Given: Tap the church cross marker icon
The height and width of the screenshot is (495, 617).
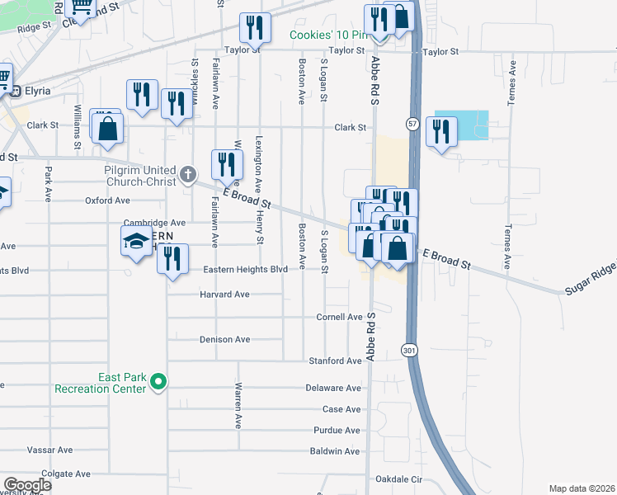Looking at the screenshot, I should (x=189, y=174).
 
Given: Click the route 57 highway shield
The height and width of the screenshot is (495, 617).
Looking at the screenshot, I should (x=412, y=124).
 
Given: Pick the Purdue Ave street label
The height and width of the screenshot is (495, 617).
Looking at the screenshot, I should (x=337, y=430).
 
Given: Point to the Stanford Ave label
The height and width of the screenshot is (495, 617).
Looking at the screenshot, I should (x=335, y=361).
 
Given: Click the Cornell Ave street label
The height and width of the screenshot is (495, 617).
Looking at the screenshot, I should (x=340, y=317).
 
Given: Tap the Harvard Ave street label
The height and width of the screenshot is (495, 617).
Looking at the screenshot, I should (x=224, y=295).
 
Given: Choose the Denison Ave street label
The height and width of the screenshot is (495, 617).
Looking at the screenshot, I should (x=224, y=339).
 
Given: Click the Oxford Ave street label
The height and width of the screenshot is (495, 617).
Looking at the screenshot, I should (x=107, y=200).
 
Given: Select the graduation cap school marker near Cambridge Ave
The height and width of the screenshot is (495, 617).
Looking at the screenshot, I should (x=136, y=240).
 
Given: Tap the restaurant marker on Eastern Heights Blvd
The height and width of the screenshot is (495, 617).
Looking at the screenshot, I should (x=173, y=259).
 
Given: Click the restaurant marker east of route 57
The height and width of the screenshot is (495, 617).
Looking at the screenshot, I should (x=442, y=132).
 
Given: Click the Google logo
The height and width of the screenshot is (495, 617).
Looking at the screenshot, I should (x=27, y=485).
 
